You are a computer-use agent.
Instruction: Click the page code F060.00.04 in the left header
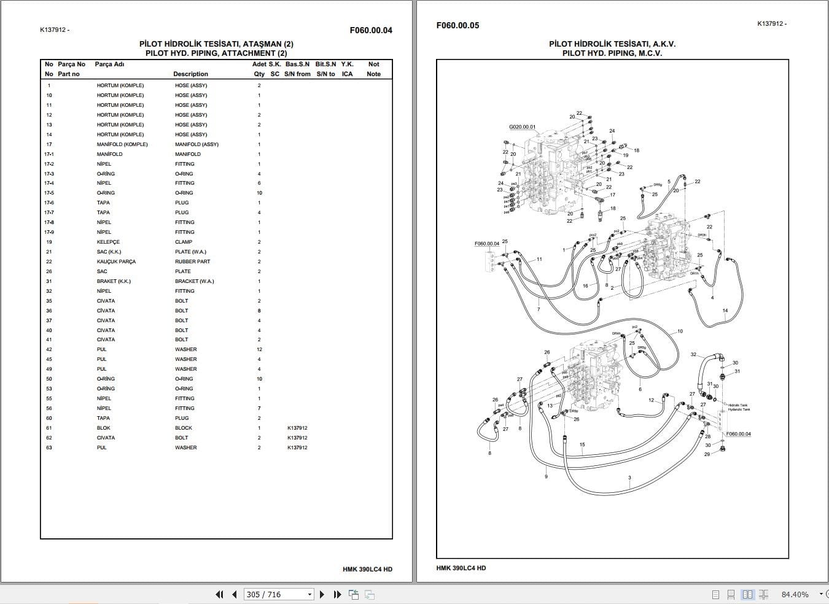[370, 30]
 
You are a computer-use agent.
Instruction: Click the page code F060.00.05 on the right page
[457, 25]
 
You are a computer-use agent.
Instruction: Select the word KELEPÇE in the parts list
[108, 242]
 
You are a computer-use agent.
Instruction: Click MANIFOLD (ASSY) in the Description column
[197, 144]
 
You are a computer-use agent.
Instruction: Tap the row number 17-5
[49, 193]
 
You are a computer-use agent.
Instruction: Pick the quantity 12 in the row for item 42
[259, 349]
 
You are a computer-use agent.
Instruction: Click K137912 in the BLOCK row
[297, 428]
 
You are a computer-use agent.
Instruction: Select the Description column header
[190, 74]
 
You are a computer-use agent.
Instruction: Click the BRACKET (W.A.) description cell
[192, 281]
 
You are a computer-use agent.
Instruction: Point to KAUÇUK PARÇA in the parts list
[116, 261]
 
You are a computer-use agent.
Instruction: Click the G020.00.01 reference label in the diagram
[522, 127]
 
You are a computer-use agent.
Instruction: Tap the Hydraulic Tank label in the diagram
[739, 409]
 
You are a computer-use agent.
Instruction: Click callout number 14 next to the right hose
[725, 311]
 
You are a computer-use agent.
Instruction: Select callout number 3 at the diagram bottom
[629, 478]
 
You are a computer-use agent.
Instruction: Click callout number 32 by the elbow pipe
[693, 354]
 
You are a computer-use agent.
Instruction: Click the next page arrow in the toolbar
[322, 594]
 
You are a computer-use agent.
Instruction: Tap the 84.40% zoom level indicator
[795, 594]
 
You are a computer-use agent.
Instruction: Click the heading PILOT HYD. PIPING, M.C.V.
[612, 53]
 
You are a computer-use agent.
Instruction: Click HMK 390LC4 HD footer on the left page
[367, 569]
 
